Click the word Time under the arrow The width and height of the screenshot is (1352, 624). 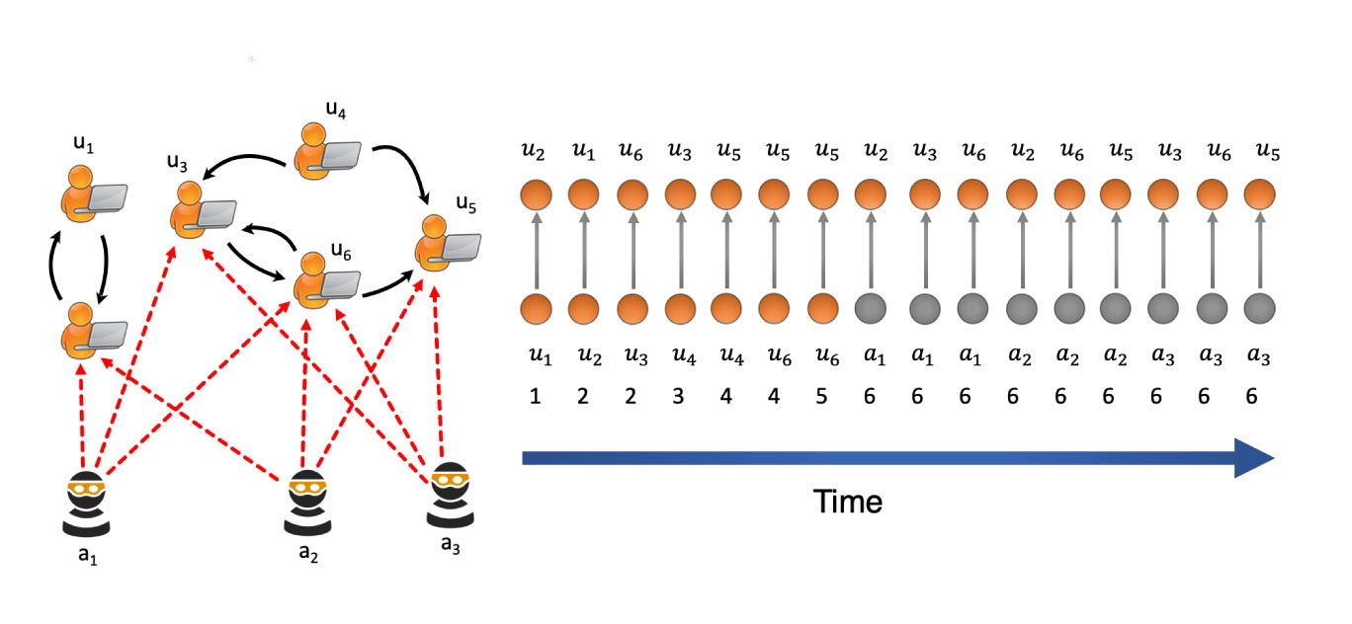point(848,502)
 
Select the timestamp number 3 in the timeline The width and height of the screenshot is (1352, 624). point(680,396)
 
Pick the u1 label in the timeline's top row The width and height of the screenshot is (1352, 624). point(584,152)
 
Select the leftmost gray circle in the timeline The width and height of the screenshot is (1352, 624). point(871,307)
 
